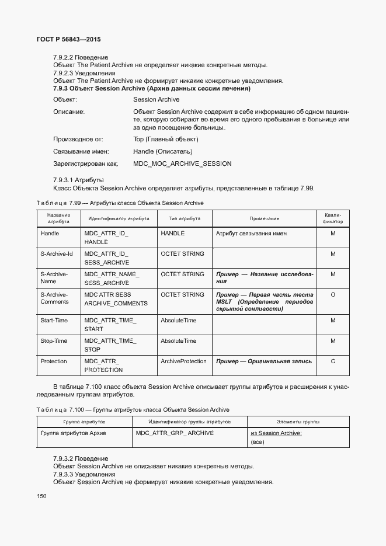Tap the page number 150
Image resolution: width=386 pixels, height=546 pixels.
[x=41, y=496]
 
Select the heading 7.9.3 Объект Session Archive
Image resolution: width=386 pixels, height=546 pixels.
[x=151, y=89]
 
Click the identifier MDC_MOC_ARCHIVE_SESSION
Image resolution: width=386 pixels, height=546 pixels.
[x=182, y=164]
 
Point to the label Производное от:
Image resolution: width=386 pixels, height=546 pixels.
[x=78, y=139]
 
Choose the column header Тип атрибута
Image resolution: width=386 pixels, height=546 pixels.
[x=185, y=218]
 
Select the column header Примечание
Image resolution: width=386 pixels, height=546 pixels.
[x=264, y=218]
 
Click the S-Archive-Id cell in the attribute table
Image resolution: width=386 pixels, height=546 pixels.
[x=56, y=254]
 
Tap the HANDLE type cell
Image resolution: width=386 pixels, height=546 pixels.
[x=172, y=234]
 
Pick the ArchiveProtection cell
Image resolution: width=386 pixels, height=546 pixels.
[x=183, y=361]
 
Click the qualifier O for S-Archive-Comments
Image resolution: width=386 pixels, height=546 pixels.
[x=332, y=295]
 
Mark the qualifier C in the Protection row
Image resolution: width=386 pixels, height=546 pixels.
[x=332, y=361]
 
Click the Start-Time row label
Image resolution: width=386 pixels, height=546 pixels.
[x=54, y=321]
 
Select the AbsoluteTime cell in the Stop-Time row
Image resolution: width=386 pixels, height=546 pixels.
[x=178, y=341]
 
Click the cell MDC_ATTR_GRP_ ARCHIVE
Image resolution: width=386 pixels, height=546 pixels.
[x=175, y=433]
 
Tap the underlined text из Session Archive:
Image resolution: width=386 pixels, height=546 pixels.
[x=276, y=433]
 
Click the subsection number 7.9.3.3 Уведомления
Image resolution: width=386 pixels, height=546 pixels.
[x=84, y=475]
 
